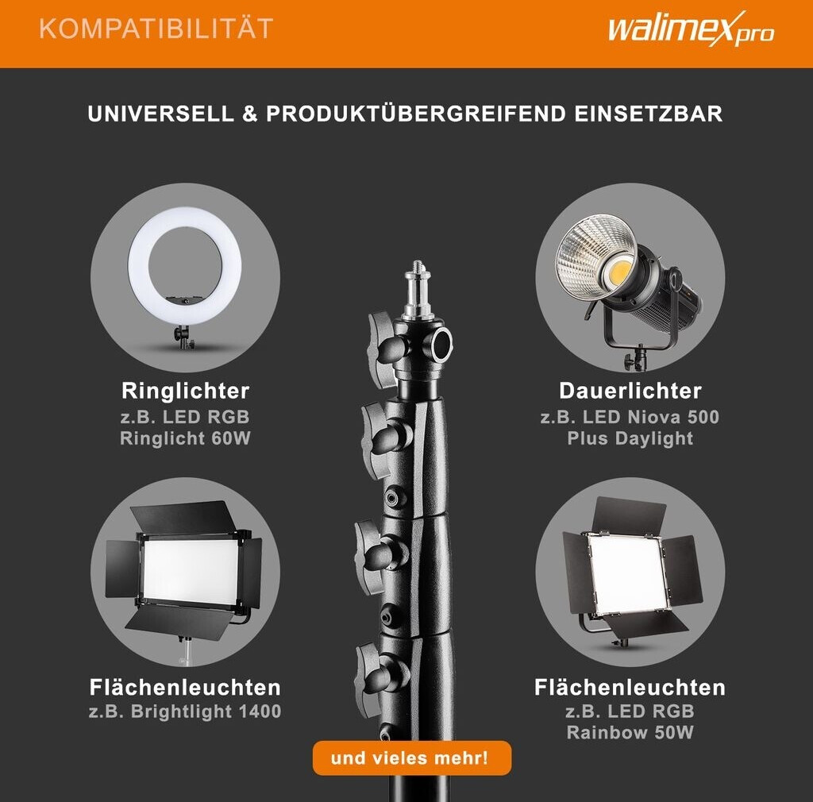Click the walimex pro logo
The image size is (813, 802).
coord(692,29)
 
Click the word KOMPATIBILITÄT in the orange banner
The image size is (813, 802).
coord(156,28)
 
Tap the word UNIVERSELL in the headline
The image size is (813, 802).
coord(160,114)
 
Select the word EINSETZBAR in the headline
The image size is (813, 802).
coord(648,114)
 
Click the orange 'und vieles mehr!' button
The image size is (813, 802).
coord(412,758)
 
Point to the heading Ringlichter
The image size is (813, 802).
coord(186,391)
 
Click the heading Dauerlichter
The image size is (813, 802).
coord(630,391)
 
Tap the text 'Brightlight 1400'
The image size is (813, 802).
coord(206,711)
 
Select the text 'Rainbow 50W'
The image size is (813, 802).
coord(630,733)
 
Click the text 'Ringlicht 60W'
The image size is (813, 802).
coord(185,438)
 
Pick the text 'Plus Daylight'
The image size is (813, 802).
coord(630,438)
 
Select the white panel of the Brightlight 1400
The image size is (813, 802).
coord(191,572)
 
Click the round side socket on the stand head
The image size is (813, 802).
coord(442,343)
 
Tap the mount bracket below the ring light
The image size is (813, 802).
coord(183,337)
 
